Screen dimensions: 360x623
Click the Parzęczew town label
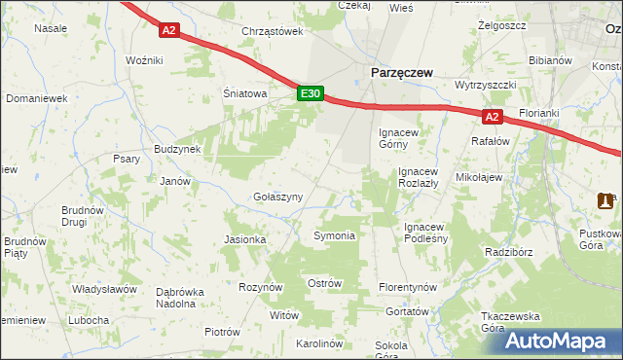400,72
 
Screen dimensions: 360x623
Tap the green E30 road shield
310,93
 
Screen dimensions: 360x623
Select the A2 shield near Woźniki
169,30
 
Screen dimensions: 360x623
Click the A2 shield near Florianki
493,118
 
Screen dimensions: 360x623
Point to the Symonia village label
334,235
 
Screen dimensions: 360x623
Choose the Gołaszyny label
278,196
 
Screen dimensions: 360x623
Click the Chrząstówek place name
273,31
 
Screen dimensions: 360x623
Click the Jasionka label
244,239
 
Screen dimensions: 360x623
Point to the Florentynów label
409,288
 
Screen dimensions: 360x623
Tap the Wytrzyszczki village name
484,85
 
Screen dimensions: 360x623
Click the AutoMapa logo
557,341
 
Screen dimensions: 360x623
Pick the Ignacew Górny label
399,136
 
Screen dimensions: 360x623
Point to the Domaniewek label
35,98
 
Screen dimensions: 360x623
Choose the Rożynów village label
260,287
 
